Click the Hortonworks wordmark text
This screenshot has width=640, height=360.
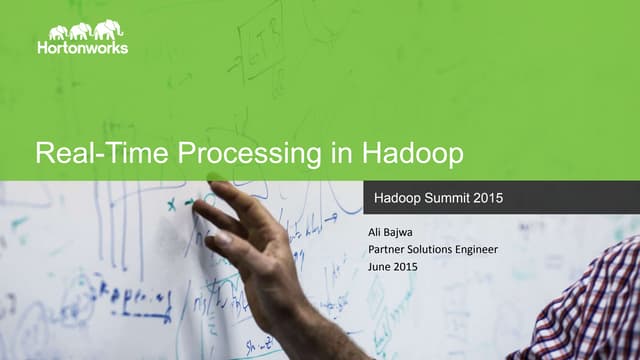tap(82, 47)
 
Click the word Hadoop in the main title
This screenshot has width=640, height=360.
tap(411, 155)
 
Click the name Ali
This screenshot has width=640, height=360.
tap(377, 233)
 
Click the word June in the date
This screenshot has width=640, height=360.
tap(381, 267)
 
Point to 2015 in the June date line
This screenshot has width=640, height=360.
tap(407, 267)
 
